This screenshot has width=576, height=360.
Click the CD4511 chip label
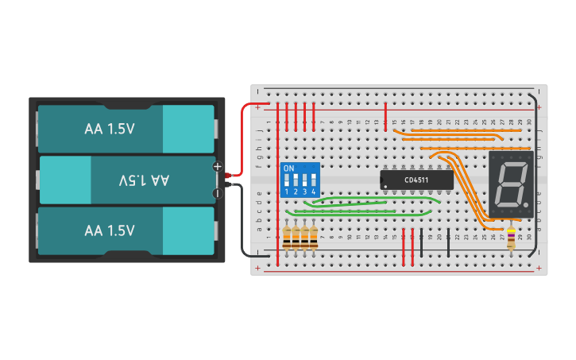[417, 180]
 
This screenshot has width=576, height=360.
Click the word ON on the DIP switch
[288, 168]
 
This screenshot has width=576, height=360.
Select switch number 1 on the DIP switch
[288, 182]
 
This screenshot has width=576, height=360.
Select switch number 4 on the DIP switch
[314, 182]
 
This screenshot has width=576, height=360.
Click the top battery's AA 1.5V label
[110, 129]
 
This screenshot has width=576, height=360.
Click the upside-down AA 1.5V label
[144, 180]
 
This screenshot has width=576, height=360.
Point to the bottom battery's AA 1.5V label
[110, 230]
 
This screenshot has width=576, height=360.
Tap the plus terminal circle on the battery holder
[217, 166]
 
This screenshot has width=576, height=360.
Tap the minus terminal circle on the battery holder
[217, 192]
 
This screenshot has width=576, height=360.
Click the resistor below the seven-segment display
[511, 238]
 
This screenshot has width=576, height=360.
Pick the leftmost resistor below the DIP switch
[287, 236]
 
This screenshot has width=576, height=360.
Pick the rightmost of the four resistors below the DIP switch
[314, 236]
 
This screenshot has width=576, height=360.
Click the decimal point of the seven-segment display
[525, 204]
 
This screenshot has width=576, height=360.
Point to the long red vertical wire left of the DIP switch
[277, 183]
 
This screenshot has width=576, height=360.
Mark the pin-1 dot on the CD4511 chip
[385, 188]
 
